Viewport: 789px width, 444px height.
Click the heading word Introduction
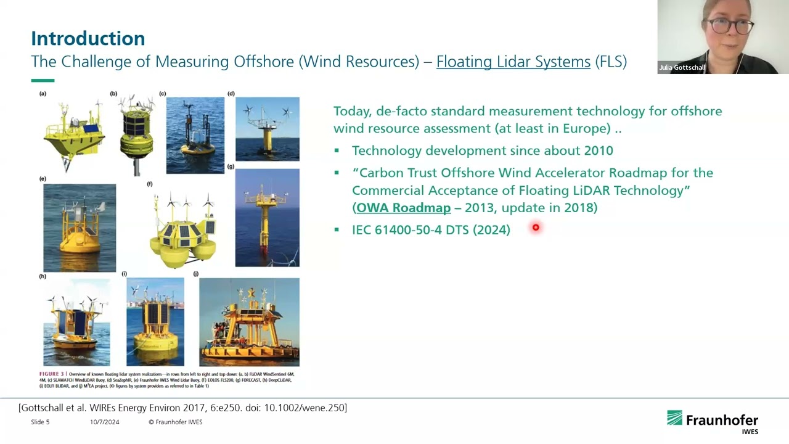click(88, 38)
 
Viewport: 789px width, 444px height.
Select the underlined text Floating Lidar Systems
click(513, 62)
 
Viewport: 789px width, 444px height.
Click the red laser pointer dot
click(536, 228)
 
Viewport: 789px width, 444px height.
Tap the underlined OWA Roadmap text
click(403, 208)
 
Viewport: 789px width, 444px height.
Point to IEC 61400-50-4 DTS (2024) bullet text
click(431, 230)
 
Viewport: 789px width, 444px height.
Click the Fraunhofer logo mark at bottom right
click(674, 418)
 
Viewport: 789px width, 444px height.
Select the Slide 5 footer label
click(40, 422)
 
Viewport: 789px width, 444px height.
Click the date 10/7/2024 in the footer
click(104, 422)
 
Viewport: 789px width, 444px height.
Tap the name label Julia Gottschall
click(682, 68)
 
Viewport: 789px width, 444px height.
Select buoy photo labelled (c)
click(195, 135)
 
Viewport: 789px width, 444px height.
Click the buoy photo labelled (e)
click(80, 228)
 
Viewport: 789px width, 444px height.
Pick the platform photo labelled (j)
click(249, 322)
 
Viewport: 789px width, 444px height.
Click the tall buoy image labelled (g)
click(267, 218)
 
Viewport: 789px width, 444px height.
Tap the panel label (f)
click(150, 184)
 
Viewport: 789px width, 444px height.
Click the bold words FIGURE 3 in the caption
click(51, 374)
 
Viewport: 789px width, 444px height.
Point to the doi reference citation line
click(182, 408)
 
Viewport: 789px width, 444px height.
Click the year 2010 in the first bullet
click(598, 150)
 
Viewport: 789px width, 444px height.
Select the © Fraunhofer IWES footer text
click(175, 422)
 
